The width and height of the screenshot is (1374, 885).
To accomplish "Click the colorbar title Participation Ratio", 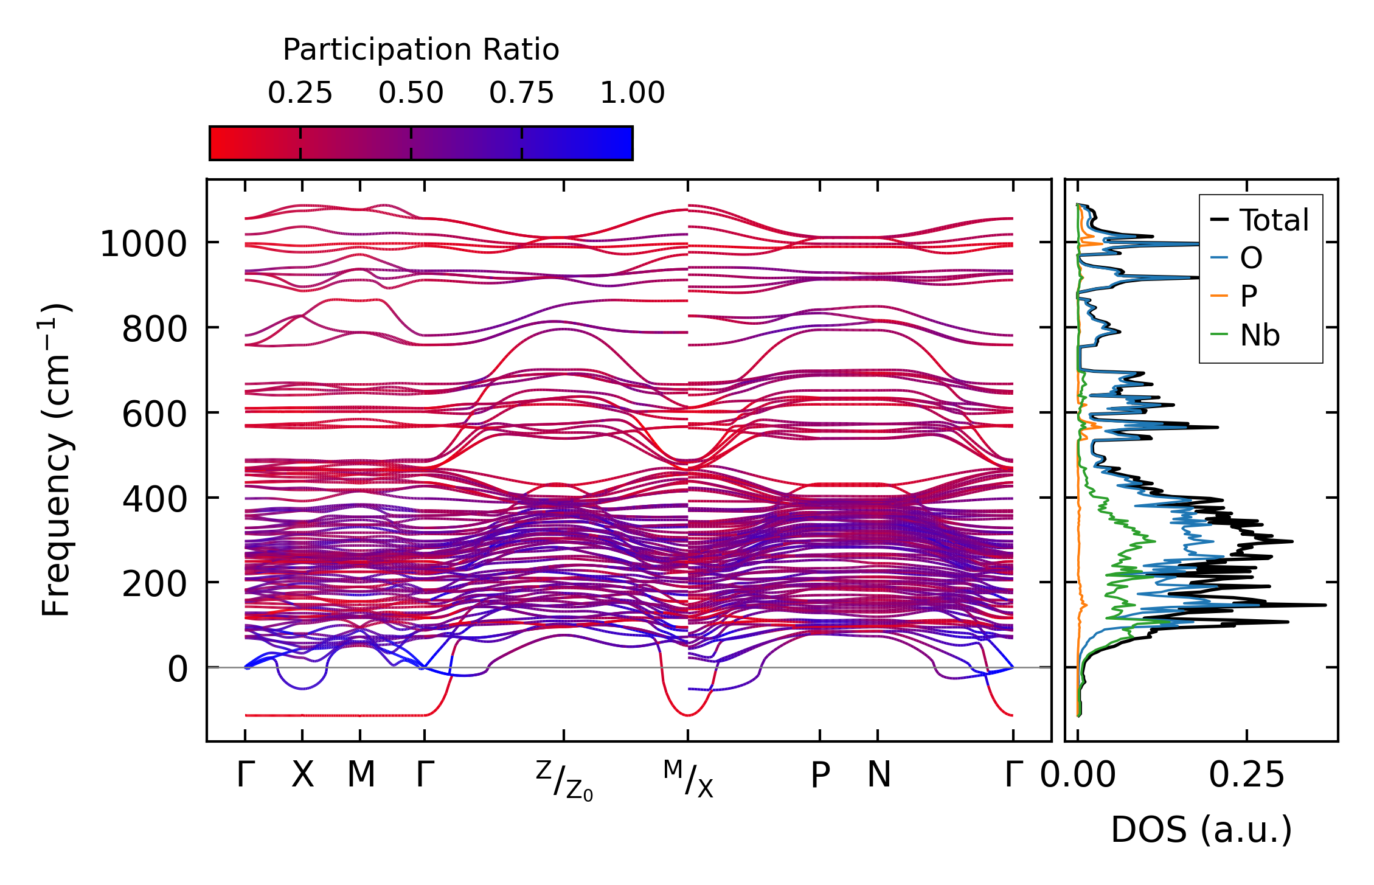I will click(x=421, y=50).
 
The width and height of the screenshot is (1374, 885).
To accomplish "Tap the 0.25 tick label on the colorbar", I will click(x=300, y=93).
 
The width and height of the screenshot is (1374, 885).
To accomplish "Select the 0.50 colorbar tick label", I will click(x=411, y=93).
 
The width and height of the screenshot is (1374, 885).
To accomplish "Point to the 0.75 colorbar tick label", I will click(x=522, y=93).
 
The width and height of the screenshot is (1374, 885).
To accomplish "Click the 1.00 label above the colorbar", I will click(x=633, y=93).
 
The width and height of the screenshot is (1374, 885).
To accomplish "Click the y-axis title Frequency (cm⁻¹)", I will click(x=57, y=460).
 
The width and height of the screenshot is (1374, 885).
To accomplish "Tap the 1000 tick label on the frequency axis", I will click(x=144, y=245).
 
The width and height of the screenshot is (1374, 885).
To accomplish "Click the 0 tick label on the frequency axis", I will click(x=178, y=670).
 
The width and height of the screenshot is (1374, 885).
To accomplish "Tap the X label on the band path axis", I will click(x=303, y=775).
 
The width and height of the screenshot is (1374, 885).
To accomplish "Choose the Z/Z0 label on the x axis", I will click(x=564, y=780).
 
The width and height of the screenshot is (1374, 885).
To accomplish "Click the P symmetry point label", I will click(x=821, y=775).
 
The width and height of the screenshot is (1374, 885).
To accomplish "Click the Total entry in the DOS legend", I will click(x=1274, y=220).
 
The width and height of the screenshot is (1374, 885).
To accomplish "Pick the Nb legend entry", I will click(x=1260, y=335).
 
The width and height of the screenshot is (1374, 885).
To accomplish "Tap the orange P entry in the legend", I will click(x=1248, y=296).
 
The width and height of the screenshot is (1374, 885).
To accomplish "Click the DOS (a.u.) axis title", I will click(x=1201, y=830).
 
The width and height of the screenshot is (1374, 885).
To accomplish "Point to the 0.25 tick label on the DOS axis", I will click(x=1246, y=775).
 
